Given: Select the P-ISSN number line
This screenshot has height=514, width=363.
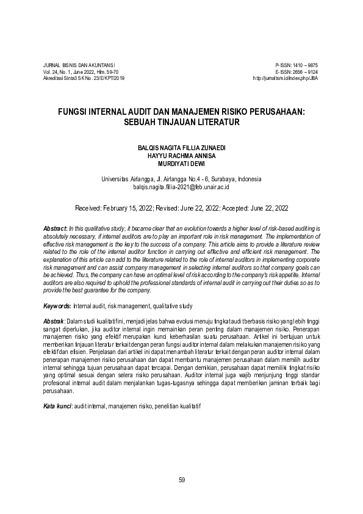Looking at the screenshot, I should (297, 65).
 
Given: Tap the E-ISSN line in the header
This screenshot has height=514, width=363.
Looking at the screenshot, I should (297, 72).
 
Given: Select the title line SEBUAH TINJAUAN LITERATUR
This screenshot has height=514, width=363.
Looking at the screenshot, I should (181, 122).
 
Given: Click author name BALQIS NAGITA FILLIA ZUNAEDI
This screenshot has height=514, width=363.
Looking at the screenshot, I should (181, 148).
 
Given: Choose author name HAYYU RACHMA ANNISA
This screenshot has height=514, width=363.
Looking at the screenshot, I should (181, 156).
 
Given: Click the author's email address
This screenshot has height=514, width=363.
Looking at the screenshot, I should (181, 187).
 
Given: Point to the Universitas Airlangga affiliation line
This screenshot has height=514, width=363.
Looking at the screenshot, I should (181, 179).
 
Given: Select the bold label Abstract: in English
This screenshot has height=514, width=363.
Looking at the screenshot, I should (56, 227).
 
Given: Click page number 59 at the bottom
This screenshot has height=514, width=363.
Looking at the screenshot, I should (182, 479).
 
